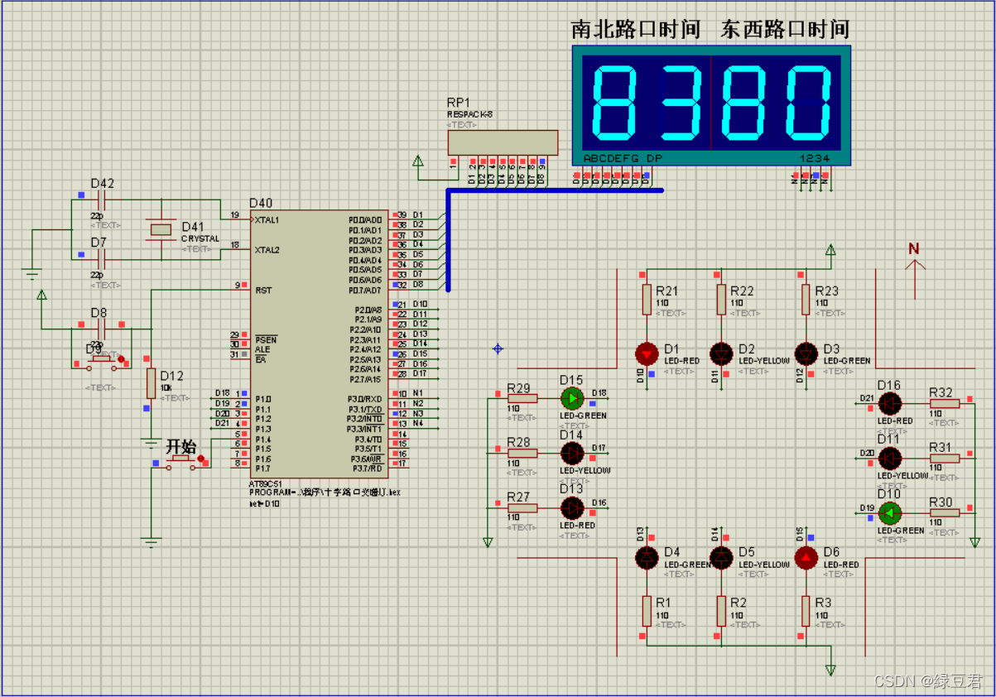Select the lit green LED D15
pyautogui.click(x=572, y=398)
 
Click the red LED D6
pyautogui.click(x=806, y=558)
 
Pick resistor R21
pyautogui.click(x=647, y=299)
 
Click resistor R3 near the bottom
pyautogui.click(x=806, y=611)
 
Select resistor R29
pyautogui.click(x=522, y=398)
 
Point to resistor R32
pyautogui.click(x=944, y=403)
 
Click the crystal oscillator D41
pyautogui.click(x=161, y=228)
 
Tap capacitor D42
pyautogui.click(x=103, y=200)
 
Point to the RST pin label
pyautogui.click(x=264, y=291)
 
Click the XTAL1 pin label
pyautogui.click(x=267, y=220)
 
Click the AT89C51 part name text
pyautogui.click(x=267, y=484)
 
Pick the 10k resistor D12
pyautogui.click(x=152, y=383)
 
